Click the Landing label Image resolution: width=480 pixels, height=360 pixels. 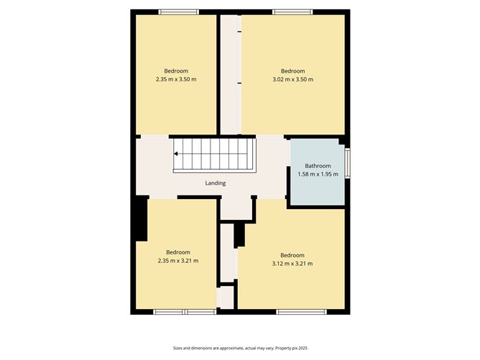[x=215, y=183]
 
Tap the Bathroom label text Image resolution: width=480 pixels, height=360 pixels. [x=318, y=166]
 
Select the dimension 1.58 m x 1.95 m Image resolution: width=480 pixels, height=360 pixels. [x=318, y=174]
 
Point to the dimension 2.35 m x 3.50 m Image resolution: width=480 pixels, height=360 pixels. [x=176, y=79]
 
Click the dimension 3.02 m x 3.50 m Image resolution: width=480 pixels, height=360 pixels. [x=292, y=79]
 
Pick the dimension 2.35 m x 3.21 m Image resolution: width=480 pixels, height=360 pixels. [x=178, y=261]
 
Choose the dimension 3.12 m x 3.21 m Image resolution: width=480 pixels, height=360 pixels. [x=292, y=264]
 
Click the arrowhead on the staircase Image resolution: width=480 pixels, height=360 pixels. [x=176, y=154]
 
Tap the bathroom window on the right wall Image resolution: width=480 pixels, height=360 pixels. [x=348, y=162]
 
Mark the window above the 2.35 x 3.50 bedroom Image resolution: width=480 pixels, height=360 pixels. [x=179, y=12]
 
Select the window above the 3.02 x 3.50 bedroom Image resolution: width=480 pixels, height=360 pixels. [x=292, y=12]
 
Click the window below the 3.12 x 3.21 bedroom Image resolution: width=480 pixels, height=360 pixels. [x=301, y=312]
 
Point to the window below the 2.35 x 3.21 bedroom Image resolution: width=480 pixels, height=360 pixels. [x=185, y=312]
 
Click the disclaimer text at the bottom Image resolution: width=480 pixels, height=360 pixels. [x=240, y=348]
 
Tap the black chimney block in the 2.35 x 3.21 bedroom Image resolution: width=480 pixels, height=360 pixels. [x=142, y=218]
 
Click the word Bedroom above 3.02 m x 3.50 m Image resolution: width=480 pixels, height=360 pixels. [x=292, y=71]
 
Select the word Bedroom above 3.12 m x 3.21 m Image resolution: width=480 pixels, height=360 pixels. [x=292, y=255]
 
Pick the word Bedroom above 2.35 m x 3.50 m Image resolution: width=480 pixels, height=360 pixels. [x=176, y=71]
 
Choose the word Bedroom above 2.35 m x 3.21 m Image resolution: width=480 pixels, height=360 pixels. [x=178, y=252]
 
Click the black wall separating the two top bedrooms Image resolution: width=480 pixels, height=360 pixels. [x=218, y=75]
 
